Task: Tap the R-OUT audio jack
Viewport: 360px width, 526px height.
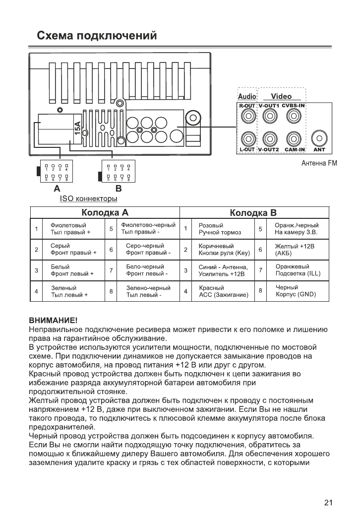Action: pos(246,117)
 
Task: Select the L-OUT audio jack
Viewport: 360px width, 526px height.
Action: pos(246,137)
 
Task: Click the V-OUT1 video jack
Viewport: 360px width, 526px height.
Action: pos(269,117)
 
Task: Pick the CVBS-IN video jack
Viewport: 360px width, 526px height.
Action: pos(294,117)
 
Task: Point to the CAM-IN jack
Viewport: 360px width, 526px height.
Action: pos(294,137)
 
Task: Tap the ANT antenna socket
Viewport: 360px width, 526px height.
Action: pos(319,137)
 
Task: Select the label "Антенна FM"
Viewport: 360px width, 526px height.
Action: pos(319,164)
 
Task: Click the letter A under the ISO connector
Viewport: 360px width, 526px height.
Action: pos(57,189)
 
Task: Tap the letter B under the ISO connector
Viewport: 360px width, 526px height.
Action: pos(118,189)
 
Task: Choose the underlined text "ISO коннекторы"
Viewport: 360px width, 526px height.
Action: pos(88,199)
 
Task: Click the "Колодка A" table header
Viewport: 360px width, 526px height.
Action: pos(105,213)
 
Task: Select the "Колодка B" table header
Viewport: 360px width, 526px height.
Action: pos(253,213)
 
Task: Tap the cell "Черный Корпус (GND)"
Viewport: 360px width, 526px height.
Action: pos(295,291)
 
